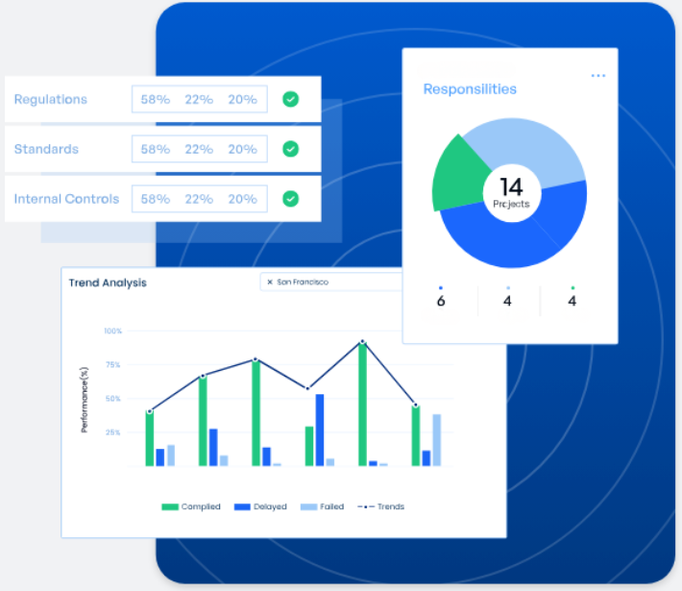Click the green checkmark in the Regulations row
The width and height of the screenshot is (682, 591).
(290, 99)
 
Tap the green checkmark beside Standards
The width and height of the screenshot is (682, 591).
(290, 149)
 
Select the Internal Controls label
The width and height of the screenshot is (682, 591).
(66, 199)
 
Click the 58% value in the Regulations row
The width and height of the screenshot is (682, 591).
(155, 99)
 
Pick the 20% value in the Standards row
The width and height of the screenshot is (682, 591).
(242, 149)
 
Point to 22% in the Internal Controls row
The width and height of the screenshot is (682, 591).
(199, 199)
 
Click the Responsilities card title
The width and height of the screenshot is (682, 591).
(470, 89)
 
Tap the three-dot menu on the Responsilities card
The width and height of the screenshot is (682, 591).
(598, 75)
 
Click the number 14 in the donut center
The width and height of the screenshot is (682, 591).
(510, 186)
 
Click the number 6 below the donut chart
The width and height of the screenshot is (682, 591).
(441, 301)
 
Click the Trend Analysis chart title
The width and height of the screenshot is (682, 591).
(108, 283)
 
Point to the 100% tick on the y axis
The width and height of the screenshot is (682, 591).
(113, 331)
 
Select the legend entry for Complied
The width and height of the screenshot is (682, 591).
(191, 506)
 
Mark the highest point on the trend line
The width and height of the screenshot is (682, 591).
(362, 342)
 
